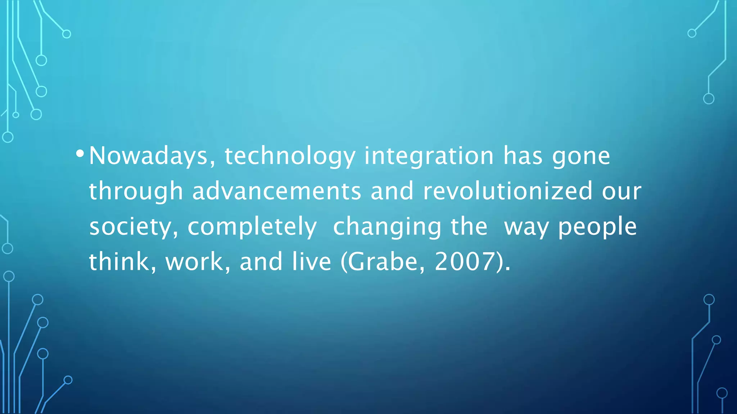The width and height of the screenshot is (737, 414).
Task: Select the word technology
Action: (290, 156)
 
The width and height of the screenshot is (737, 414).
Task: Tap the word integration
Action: (429, 156)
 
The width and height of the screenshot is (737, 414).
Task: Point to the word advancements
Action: (276, 191)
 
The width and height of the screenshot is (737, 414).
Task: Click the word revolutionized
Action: (507, 191)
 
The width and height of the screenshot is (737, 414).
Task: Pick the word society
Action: (134, 227)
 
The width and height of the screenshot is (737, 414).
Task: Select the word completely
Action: (252, 227)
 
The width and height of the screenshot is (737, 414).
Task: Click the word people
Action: (597, 227)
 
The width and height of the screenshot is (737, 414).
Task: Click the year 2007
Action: (465, 262)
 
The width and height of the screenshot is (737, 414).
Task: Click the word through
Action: (136, 191)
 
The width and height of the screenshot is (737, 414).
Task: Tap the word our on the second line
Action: (621, 191)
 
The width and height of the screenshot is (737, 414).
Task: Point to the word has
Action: (523, 156)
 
